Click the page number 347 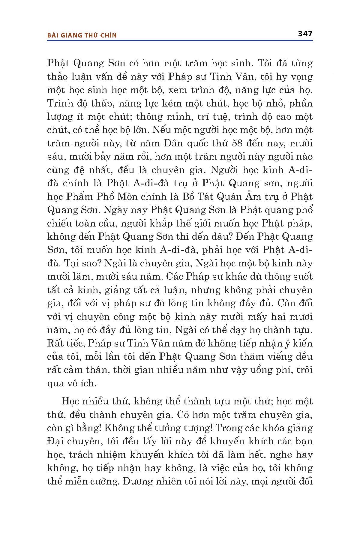tap(305, 34)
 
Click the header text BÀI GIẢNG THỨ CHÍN tap(82, 35)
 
